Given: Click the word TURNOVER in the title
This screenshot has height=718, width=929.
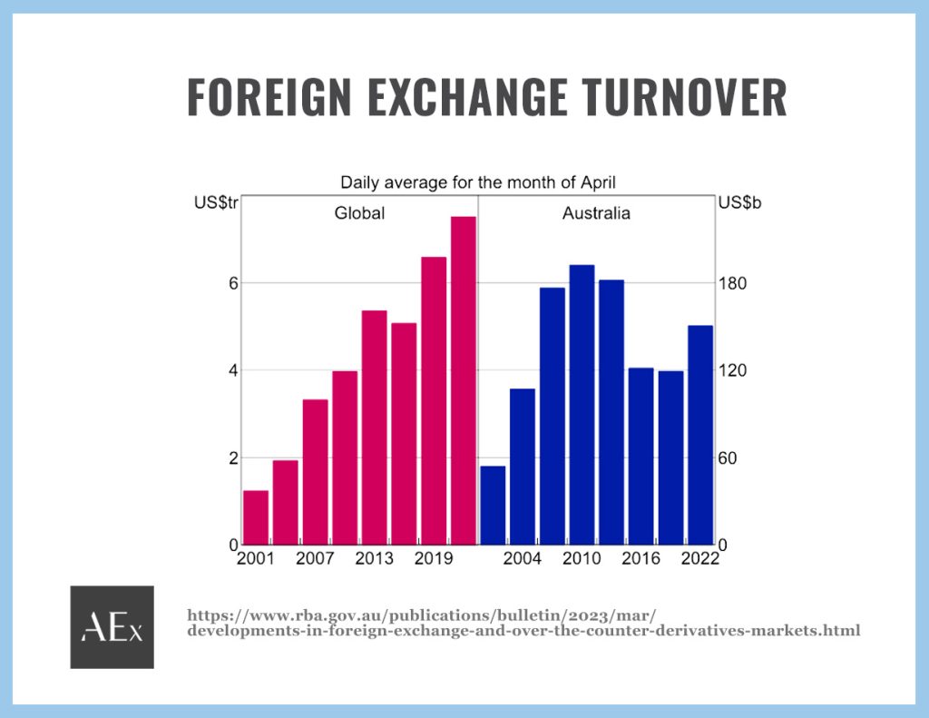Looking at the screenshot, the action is click(684, 96).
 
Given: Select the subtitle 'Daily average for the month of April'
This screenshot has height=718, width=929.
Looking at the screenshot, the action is click(477, 182).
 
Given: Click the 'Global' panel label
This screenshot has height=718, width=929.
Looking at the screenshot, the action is click(359, 212).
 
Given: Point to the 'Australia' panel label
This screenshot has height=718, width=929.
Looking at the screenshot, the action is click(596, 212).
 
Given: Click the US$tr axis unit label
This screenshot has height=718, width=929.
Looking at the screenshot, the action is click(216, 202).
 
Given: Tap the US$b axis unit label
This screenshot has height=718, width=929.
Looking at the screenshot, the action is click(739, 202).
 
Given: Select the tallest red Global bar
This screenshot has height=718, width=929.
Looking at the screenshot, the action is click(464, 380).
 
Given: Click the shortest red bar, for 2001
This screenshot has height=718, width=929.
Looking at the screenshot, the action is click(256, 517).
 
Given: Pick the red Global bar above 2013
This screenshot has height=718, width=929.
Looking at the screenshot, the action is click(375, 428).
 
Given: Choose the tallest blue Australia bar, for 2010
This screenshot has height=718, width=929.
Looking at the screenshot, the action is click(582, 405).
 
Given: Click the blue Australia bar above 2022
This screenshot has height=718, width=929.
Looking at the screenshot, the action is click(700, 435).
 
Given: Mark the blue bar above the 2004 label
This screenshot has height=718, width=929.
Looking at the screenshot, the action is click(523, 467).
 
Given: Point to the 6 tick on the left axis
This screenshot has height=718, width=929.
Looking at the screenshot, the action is click(233, 283).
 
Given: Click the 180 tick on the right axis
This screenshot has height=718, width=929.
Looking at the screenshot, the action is click(732, 283).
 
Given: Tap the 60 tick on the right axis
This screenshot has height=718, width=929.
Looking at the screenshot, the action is click(728, 457).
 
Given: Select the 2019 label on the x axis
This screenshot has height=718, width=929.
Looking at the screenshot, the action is click(433, 558).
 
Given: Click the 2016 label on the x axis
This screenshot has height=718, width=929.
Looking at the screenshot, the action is click(641, 558).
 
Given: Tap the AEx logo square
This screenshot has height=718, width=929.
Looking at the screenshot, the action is click(112, 627).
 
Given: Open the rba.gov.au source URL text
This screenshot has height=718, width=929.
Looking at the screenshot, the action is click(523, 623).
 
